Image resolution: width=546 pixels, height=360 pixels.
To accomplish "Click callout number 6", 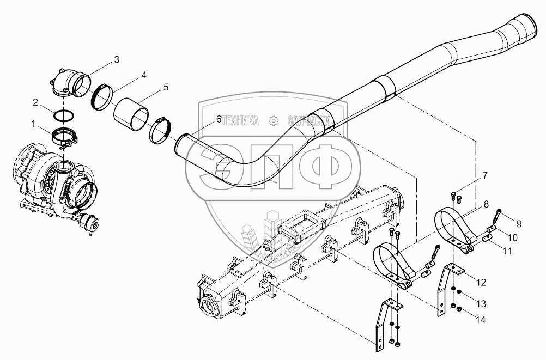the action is click(219, 119).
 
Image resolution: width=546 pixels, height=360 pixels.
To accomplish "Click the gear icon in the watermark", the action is click(274, 120).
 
